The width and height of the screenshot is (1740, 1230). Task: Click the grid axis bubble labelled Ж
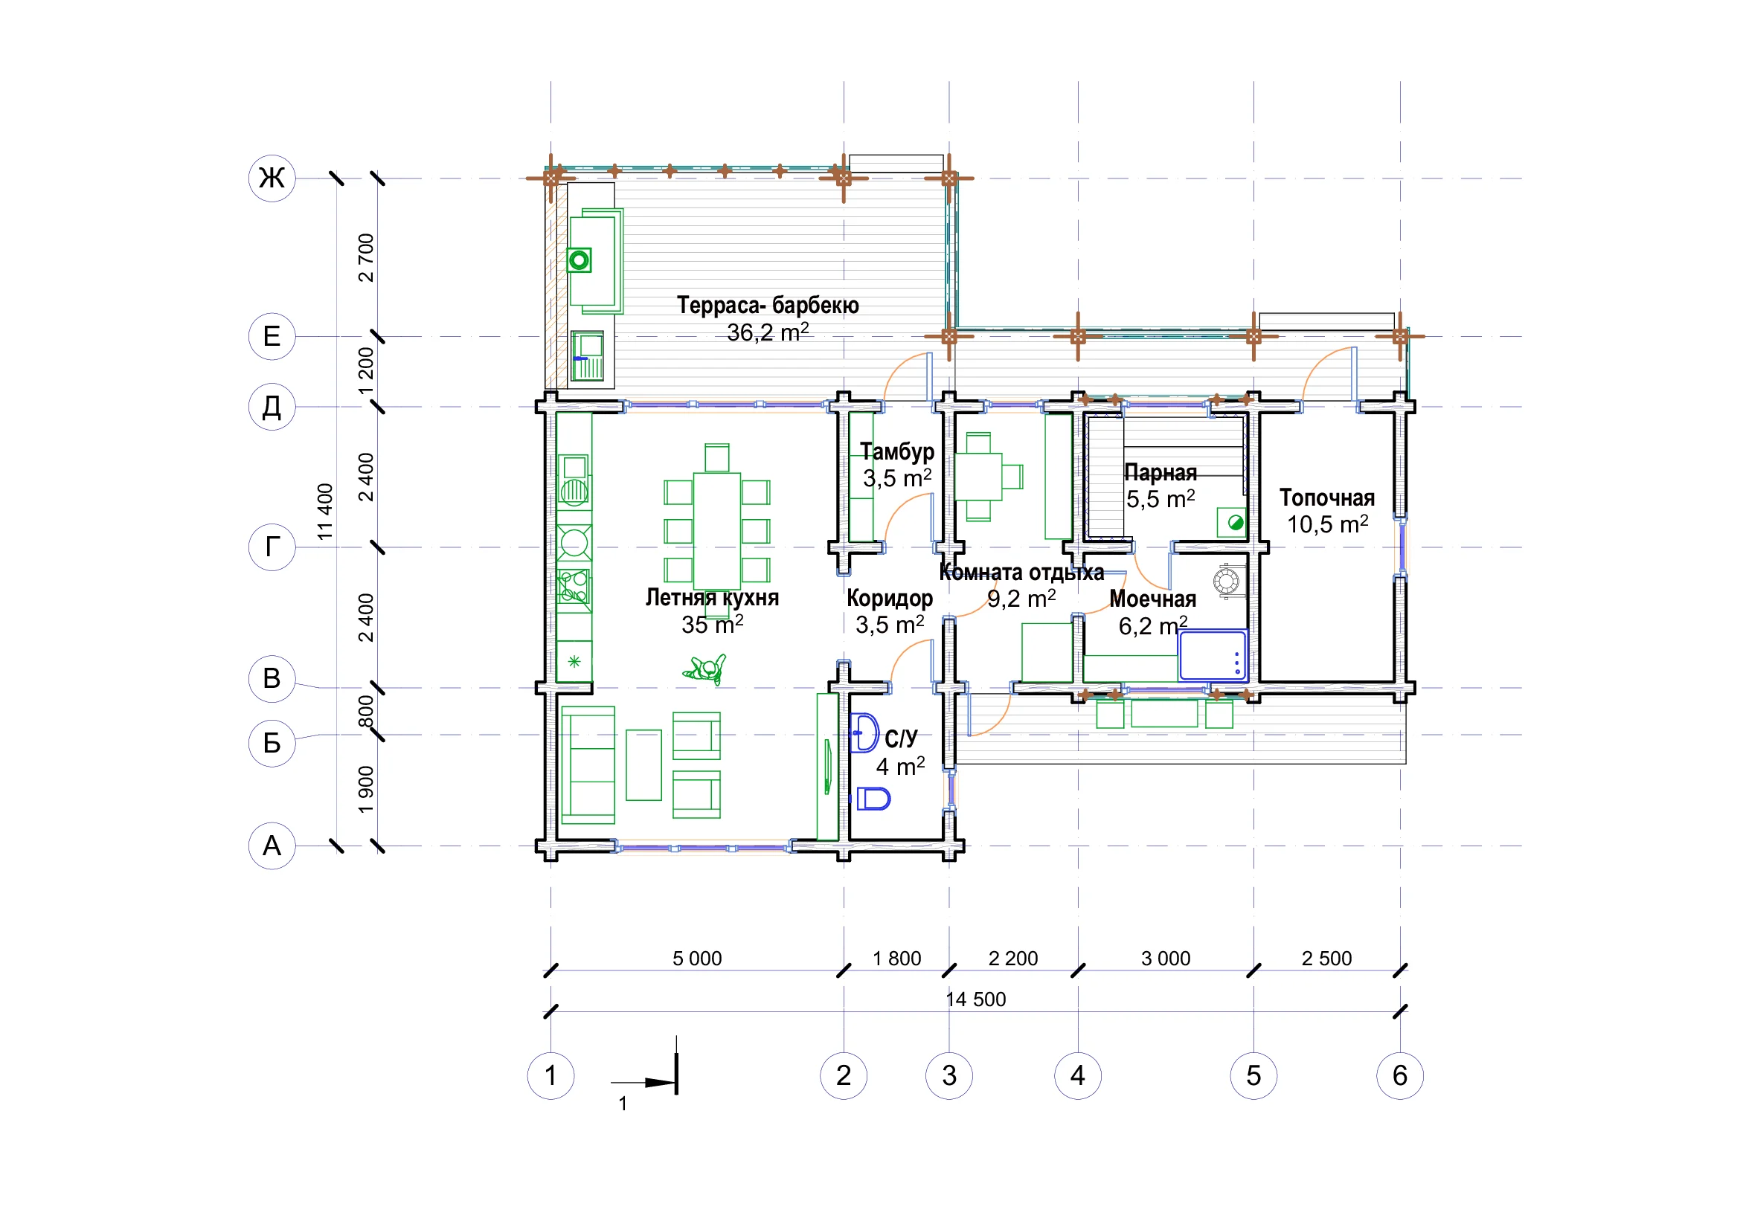point(272,178)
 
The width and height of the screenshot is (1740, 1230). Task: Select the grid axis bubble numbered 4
point(1078,1075)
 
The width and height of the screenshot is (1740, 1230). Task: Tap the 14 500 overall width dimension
point(976,999)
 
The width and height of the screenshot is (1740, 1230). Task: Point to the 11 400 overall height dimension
point(325,512)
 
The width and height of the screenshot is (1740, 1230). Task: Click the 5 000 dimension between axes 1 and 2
point(697,959)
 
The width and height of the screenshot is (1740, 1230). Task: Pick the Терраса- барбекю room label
point(768,305)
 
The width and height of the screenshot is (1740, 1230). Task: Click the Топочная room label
point(1327,498)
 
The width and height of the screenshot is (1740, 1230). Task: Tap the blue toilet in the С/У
point(874,798)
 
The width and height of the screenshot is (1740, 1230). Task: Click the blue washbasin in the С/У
point(864,733)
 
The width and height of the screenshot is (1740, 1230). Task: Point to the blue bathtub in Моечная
point(1213,656)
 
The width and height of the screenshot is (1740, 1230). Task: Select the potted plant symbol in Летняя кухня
point(705,669)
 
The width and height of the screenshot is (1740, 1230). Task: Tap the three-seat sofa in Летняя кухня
point(588,765)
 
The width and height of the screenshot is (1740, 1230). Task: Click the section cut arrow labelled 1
point(644,1082)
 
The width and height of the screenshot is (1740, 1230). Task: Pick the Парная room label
point(1160,473)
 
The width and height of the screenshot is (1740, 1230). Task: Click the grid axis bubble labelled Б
point(272,743)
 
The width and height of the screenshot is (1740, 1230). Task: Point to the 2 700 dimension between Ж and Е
point(366,257)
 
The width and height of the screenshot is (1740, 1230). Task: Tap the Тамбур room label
point(897,452)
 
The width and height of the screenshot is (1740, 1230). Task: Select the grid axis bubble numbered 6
point(1400,1075)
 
